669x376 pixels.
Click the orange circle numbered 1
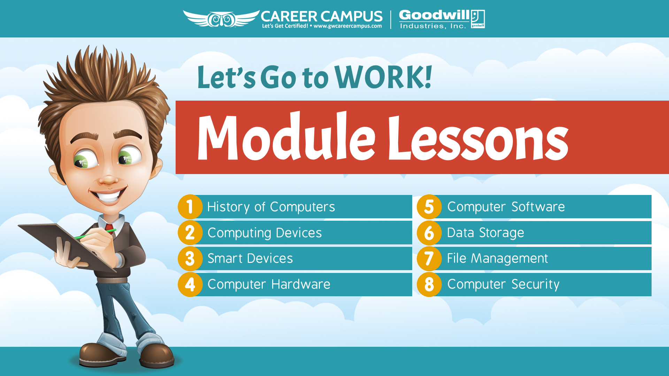click(x=190, y=207)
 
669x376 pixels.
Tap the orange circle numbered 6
click(x=429, y=233)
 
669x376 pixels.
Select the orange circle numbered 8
click(x=429, y=284)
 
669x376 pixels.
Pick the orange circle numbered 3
click(x=190, y=258)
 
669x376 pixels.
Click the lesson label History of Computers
click(x=271, y=207)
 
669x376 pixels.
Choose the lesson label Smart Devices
click(x=250, y=258)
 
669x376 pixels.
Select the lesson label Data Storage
click(x=485, y=233)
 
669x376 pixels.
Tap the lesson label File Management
click(x=498, y=258)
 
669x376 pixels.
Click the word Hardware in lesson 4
click(x=301, y=284)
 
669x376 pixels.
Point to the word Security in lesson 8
click(x=536, y=284)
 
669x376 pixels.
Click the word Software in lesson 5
click(x=538, y=207)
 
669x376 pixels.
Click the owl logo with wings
click(x=222, y=18)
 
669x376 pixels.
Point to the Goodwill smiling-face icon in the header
click(x=478, y=19)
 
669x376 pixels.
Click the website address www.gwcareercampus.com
click(x=348, y=26)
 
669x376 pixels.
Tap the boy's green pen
click(x=95, y=234)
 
